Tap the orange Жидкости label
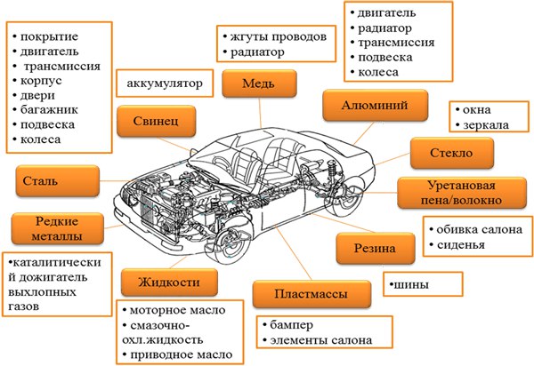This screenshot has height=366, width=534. pos(167,282)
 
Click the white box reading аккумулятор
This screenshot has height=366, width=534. pos(166,84)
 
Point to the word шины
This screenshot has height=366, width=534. pos(414,285)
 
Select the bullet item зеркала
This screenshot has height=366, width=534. pos(485,126)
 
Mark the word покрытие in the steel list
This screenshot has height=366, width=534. pos(53,36)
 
